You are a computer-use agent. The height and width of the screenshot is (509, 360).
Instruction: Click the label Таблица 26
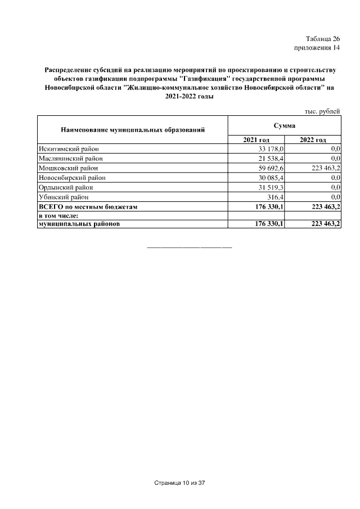[323, 39]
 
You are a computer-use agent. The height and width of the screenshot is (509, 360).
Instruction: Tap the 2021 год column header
[256, 139]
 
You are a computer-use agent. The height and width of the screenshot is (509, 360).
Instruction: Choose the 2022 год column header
[313, 139]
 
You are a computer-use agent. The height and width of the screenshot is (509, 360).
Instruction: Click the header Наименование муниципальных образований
[132, 130]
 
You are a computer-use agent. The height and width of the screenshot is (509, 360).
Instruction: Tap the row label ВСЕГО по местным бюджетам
[88, 206]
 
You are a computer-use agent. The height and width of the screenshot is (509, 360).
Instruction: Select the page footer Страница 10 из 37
[180, 483]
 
